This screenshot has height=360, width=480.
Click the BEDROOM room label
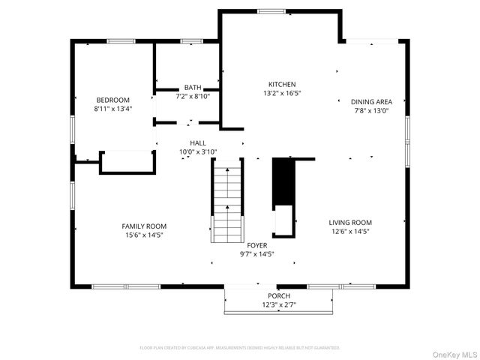pos(112,100)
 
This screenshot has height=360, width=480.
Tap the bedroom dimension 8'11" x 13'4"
pos(112,109)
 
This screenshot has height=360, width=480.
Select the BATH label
pos(193,88)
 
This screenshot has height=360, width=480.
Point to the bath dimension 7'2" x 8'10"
pos(193,96)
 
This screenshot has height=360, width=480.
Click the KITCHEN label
pos(282,85)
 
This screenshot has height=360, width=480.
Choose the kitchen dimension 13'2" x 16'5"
pos(282,94)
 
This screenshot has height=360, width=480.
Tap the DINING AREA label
pos(371,102)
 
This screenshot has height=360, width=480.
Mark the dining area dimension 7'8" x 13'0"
pos(371,111)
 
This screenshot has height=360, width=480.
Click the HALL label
pos(198,142)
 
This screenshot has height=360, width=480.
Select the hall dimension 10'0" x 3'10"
pos(198,151)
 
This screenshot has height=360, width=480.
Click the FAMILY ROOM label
pos(144,226)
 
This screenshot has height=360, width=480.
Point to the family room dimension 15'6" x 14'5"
pos(144,235)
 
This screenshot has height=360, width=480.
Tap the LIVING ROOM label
pos(350,222)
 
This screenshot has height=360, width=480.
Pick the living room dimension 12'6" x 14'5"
pos(350,231)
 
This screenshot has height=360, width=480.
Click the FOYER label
pos(257,245)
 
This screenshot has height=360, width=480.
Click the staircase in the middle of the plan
pos(227,199)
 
